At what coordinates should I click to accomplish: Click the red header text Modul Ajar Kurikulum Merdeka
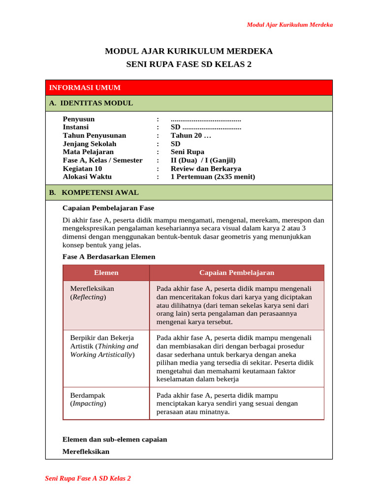[289, 25]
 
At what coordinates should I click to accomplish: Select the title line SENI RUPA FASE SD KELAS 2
[189, 64]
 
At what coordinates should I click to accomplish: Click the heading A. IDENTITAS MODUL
[91, 103]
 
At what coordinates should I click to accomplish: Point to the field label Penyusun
[79, 119]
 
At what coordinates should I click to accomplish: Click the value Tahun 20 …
[190, 135]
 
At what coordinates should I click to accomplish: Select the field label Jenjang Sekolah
[90, 144]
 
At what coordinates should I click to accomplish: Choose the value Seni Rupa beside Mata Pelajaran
[187, 152]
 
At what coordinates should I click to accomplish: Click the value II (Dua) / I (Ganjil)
[203, 160]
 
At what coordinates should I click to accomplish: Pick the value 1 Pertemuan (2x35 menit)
[213, 177]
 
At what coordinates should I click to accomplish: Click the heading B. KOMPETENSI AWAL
[94, 192]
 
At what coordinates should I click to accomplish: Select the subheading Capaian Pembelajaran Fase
[108, 208]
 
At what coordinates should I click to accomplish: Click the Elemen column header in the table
[106, 273]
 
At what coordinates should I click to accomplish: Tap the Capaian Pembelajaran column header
[237, 273]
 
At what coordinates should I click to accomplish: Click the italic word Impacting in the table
[88, 403]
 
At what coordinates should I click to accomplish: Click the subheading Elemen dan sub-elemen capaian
[115, 439]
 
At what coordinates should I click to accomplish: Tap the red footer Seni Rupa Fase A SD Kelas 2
[88, 478]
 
